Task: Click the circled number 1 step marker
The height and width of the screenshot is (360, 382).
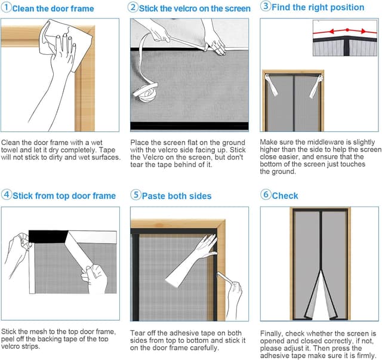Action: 6,8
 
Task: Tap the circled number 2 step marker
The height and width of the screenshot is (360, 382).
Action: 134,8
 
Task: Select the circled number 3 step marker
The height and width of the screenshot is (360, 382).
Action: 265,7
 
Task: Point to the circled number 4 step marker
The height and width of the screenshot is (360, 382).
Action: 6,195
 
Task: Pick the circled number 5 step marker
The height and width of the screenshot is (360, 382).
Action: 135,195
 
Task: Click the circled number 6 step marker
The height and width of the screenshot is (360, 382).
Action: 266,195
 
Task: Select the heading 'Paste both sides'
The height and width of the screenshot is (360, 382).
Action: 177,196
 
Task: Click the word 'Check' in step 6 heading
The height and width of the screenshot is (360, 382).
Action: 285,196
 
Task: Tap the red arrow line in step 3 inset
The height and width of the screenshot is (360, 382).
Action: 346,29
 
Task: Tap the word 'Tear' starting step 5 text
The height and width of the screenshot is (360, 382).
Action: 139,333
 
